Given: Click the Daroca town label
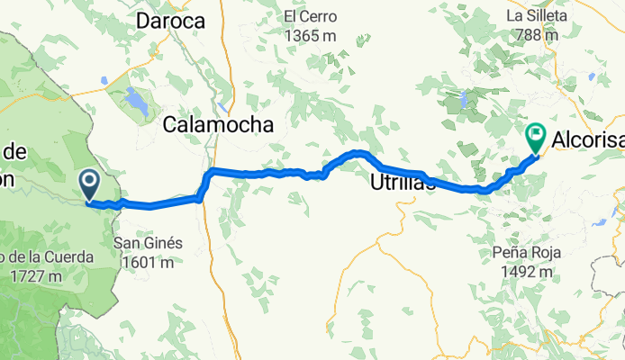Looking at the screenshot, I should pos(169,20).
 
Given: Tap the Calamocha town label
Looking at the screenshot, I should pos(218,127).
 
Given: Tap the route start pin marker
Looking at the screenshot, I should pos(90,184).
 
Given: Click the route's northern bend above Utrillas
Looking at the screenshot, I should pos(358,152).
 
